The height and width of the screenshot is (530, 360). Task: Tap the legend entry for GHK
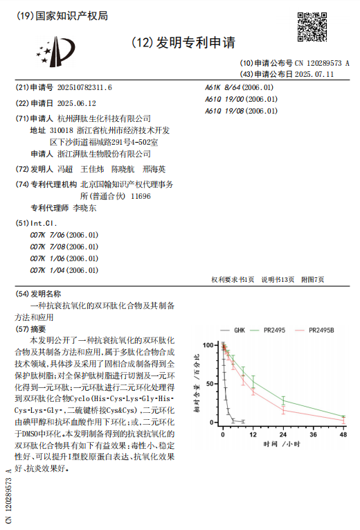240,330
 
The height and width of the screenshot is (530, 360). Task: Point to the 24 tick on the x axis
283,434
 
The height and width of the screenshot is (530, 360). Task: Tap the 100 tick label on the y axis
210,344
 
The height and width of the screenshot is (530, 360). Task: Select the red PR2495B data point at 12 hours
253,390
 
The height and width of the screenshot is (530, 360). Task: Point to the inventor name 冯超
64,169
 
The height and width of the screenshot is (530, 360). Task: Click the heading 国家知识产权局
70,15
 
